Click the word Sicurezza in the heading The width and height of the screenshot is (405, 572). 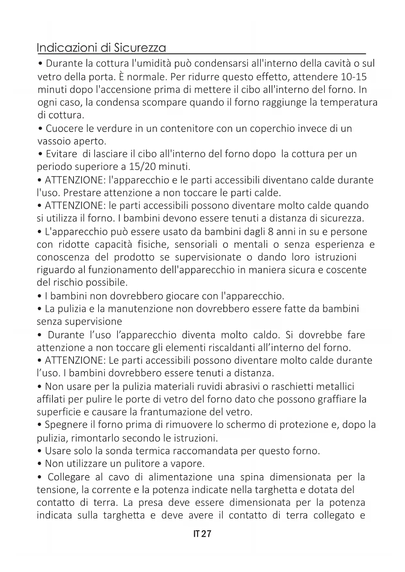[140, 48]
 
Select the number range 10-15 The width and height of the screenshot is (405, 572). [353, 77]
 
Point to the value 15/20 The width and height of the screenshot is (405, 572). [141, 167]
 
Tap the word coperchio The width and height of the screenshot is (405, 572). [272, 128]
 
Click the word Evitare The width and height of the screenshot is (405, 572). [61, 154]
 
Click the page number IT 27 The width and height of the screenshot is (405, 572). [202, 534]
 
